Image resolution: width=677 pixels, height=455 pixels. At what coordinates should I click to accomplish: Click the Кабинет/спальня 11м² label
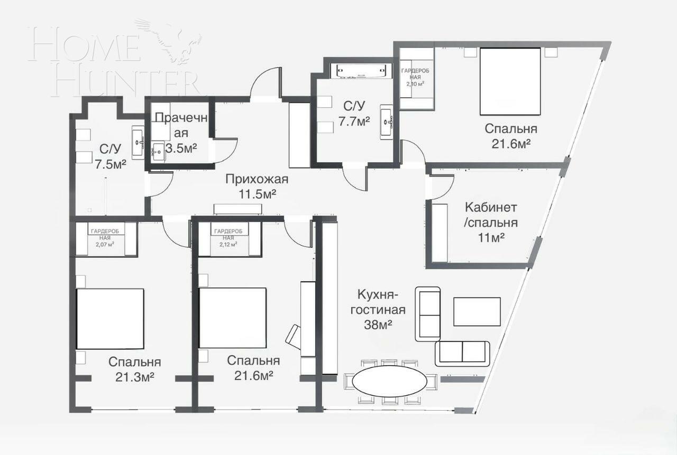click(x=490, y=222)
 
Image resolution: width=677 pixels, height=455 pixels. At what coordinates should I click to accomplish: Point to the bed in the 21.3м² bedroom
click(x=110, y=319)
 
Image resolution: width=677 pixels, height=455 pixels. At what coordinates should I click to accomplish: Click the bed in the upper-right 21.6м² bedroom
click(x=510, y=81)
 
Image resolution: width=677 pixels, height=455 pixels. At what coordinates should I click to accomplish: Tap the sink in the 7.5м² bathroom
click(x=138, y=142)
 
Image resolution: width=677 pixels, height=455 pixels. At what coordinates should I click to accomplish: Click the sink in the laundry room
click(x=159, y=152)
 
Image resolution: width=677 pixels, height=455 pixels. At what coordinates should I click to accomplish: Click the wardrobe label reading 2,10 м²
click(x=415, y=77)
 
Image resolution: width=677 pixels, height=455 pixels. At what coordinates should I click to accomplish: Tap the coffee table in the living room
click(x=477, y=312)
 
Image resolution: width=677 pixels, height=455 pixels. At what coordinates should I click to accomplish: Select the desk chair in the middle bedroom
click(x=292, y=336)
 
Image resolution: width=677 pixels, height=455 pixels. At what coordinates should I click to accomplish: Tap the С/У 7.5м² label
click(x=110, y=156)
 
